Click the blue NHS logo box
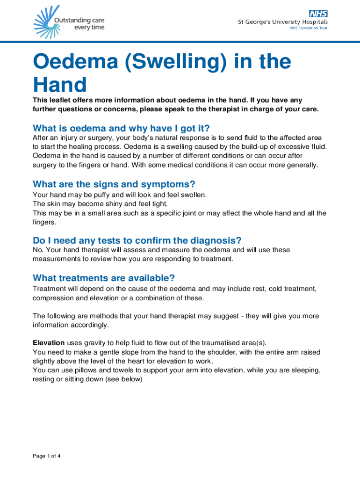[x=317, y=13]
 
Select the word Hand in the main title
[x=60, y=85]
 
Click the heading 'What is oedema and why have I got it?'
[x=121, y=128]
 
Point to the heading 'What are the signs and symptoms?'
[x=114, y=184]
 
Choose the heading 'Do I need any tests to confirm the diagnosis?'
[x=137, y=240]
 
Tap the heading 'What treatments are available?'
[x=104, y=278]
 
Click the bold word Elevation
[x=48, y=342]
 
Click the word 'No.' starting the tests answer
[x=38, y=250]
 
